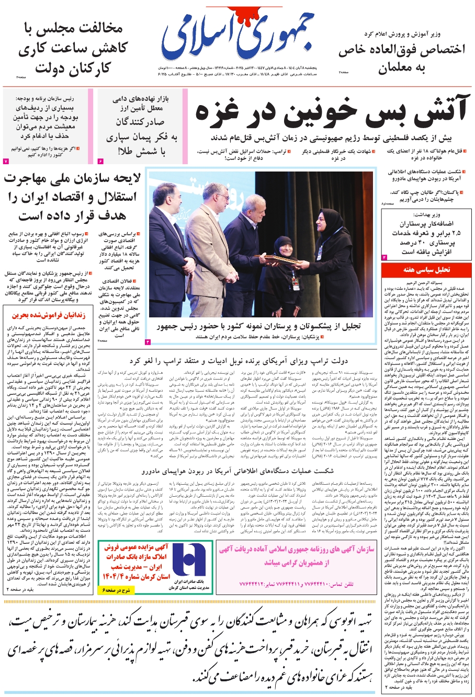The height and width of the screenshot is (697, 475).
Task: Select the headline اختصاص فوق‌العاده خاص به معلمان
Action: tap(401, 59)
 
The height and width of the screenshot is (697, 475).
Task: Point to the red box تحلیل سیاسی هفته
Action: tap(426, 270)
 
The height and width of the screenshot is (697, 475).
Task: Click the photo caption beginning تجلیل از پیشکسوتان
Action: tap(259, 326)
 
